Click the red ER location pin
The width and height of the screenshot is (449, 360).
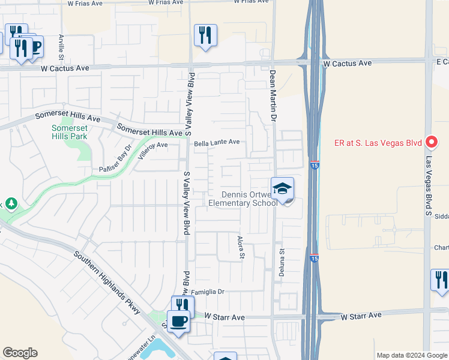(431, 142)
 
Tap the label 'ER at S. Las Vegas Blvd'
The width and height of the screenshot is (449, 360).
(378, 143)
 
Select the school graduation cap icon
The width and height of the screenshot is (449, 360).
(283, 190)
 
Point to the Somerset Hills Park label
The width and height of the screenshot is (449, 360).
(69, 132)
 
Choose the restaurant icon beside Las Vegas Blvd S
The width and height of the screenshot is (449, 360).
(440, 280)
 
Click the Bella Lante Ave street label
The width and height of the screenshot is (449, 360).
(217, 143)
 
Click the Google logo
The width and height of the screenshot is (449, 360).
(20, 353)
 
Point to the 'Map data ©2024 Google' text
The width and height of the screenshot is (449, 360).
(411, 355)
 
